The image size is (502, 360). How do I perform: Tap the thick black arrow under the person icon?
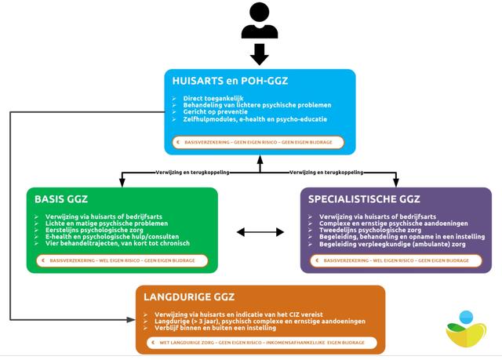point(260,54)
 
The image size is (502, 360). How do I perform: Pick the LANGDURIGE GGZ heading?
point(191,297)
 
